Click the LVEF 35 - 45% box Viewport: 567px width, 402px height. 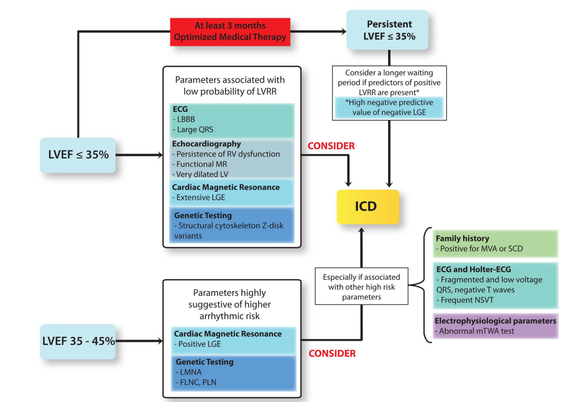coord(78,341)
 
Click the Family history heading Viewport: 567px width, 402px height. coord(462,238)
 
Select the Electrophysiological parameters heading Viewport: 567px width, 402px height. coord(495,321)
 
